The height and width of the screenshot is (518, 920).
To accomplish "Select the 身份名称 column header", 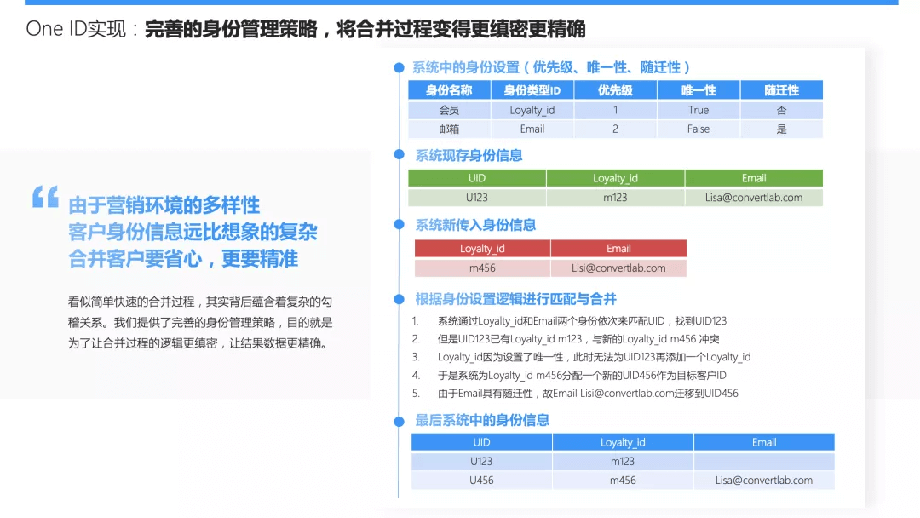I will pyautogui.click(x=449, y=89).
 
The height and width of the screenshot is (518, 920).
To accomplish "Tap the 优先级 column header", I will pyautogui.click(x=615, y=89).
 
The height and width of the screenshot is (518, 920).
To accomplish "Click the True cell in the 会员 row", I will pyautogui.click(x=699, y=110).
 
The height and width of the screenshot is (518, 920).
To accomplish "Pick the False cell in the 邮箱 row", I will pyautogui.click(x=699, y=129).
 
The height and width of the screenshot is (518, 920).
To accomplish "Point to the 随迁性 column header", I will pyautogui.click(x=781, y=89).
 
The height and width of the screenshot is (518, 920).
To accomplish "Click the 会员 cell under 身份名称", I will pyautogui.click(x=449, y=110).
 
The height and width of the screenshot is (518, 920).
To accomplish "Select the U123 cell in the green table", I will pyautogui.click(x=477, y=197).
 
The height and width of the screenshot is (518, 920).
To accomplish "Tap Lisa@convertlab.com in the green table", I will pyautogui.click(x=754, y=197).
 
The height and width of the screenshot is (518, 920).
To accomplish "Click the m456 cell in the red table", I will pyautogui.click(x=482, y=268).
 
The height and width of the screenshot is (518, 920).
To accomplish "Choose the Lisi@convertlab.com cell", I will pyautogui.click(x=618, y=268).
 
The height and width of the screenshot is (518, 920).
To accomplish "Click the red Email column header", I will pyautogui.click(x=618, y=249).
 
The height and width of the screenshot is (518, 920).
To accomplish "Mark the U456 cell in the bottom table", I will pyautogui.click(x=481, y=480).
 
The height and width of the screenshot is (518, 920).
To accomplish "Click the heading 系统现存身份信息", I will pyautogui.click(x=469, y=155).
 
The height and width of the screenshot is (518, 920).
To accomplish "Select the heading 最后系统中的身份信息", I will pyautogui.click(x=482, y=420).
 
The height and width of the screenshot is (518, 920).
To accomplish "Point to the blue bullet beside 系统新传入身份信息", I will pyautogui.click(x=398, y=225).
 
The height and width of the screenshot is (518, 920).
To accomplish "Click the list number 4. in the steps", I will pyautogui.click(x=416, y=375).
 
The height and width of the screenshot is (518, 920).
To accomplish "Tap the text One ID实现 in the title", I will pyautogui.click(x=76, y=29).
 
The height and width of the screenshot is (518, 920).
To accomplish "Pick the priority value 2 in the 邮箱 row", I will pyautogui.click(x=615, y=129).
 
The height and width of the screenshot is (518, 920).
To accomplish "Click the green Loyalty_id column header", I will pyautogui.click(x=615, y=178).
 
